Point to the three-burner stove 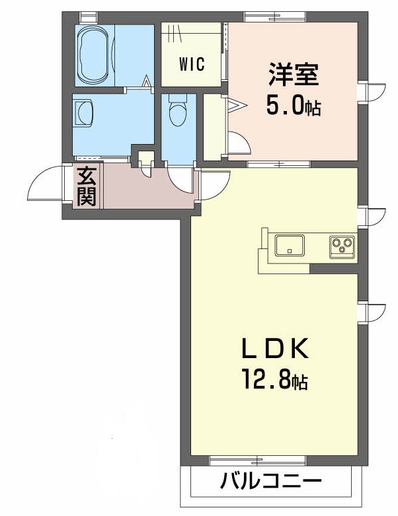[342, 246]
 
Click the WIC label [192, 65]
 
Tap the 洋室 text [293, 75]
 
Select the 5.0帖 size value [294, 106]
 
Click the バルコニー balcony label [271, 480]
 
